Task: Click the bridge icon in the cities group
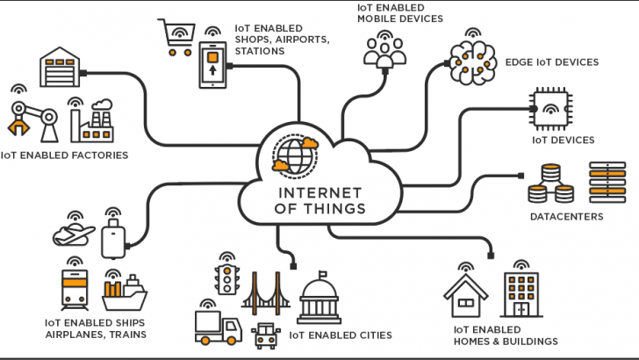tap(267, 295)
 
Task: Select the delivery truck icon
tap(216, 328)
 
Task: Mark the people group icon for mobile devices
tap(385, 53)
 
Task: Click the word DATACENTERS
tap(565, 215)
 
